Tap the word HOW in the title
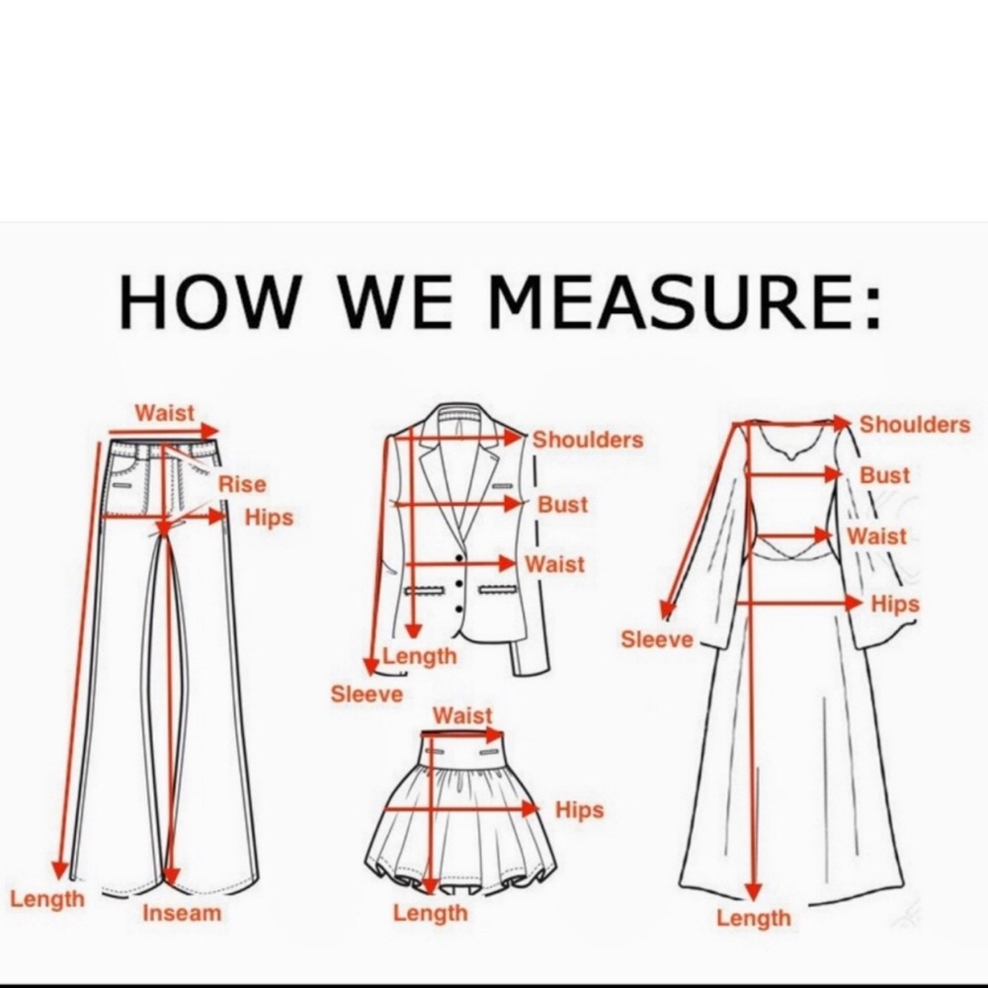pos(207,301)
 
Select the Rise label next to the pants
pos(243,484)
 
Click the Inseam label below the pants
pos(182,913)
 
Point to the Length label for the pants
pos(47,900)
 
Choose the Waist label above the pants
pos(165,413)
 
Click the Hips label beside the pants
pos(269,518)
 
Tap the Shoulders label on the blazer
pos(588,440)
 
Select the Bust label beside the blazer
pos(563,505)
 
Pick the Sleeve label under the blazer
pos(367,695)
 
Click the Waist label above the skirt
pos(462,715)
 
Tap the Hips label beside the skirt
pos(580,810)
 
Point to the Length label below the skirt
pos(431,913)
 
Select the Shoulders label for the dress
pos(915,425)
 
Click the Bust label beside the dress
pos(885,475)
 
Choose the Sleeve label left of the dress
pos(657,639)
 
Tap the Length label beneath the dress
pos(754,918)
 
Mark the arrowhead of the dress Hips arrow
pos(855,603)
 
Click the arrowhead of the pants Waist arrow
pos(210,432)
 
